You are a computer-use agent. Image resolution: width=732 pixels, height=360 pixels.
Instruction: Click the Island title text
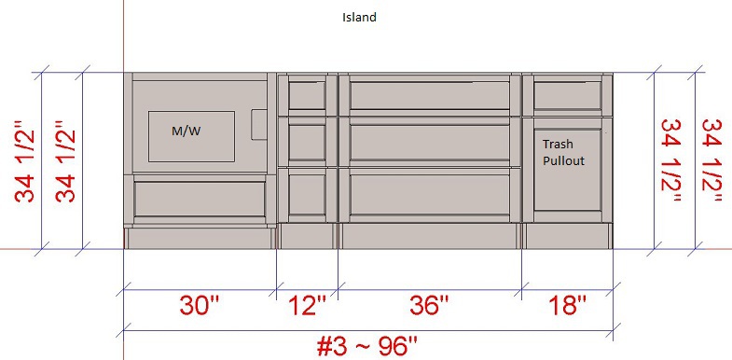pos(359,18)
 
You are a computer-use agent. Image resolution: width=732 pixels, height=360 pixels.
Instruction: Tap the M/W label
pos(186,132)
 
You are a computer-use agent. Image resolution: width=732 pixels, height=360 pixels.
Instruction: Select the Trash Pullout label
pos(563,153)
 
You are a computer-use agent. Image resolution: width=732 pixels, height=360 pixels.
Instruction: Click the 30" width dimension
pos(200,306)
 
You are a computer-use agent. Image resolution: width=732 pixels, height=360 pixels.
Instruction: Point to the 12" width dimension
pos(307,306)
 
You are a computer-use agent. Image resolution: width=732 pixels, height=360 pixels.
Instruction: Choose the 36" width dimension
pos(429,306)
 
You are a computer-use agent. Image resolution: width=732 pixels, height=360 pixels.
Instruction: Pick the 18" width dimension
pos(567,306)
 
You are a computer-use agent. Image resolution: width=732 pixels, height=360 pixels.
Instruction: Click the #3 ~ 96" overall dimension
pos(367,347)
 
